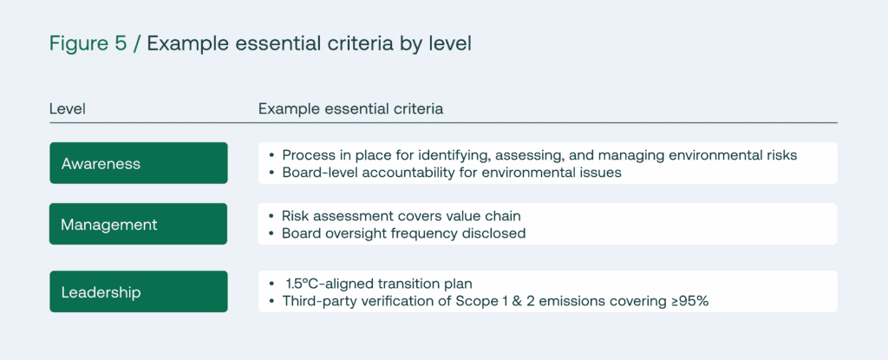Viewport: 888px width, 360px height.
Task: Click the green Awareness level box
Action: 139,163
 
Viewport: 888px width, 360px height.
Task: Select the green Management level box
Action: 139,224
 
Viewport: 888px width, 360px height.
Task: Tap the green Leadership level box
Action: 139,292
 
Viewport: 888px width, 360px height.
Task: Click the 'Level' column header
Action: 68,108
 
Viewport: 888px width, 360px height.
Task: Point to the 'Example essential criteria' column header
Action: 350,108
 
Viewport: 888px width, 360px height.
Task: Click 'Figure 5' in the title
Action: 88,44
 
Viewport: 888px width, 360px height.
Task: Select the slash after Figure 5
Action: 136,44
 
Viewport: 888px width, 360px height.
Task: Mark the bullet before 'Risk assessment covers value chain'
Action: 271,216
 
